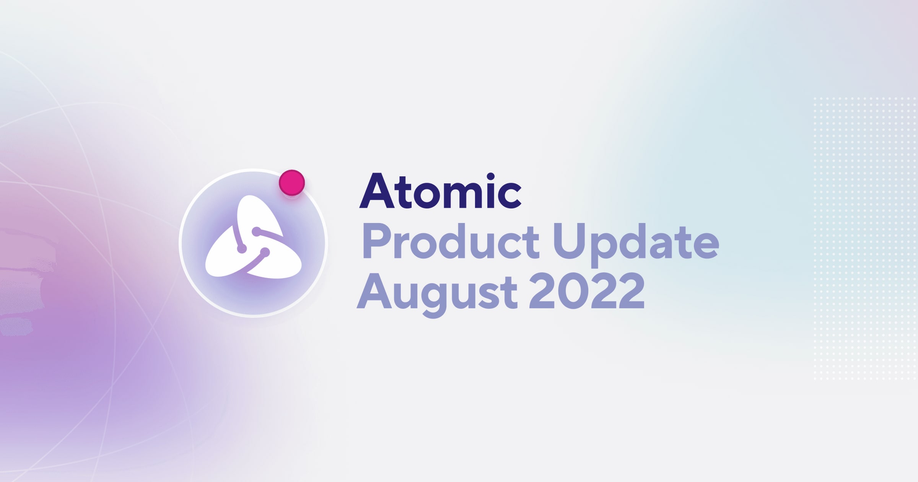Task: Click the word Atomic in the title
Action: coord(440,191)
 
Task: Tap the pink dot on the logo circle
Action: coord(292,182)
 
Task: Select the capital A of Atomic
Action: coord(377,191)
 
